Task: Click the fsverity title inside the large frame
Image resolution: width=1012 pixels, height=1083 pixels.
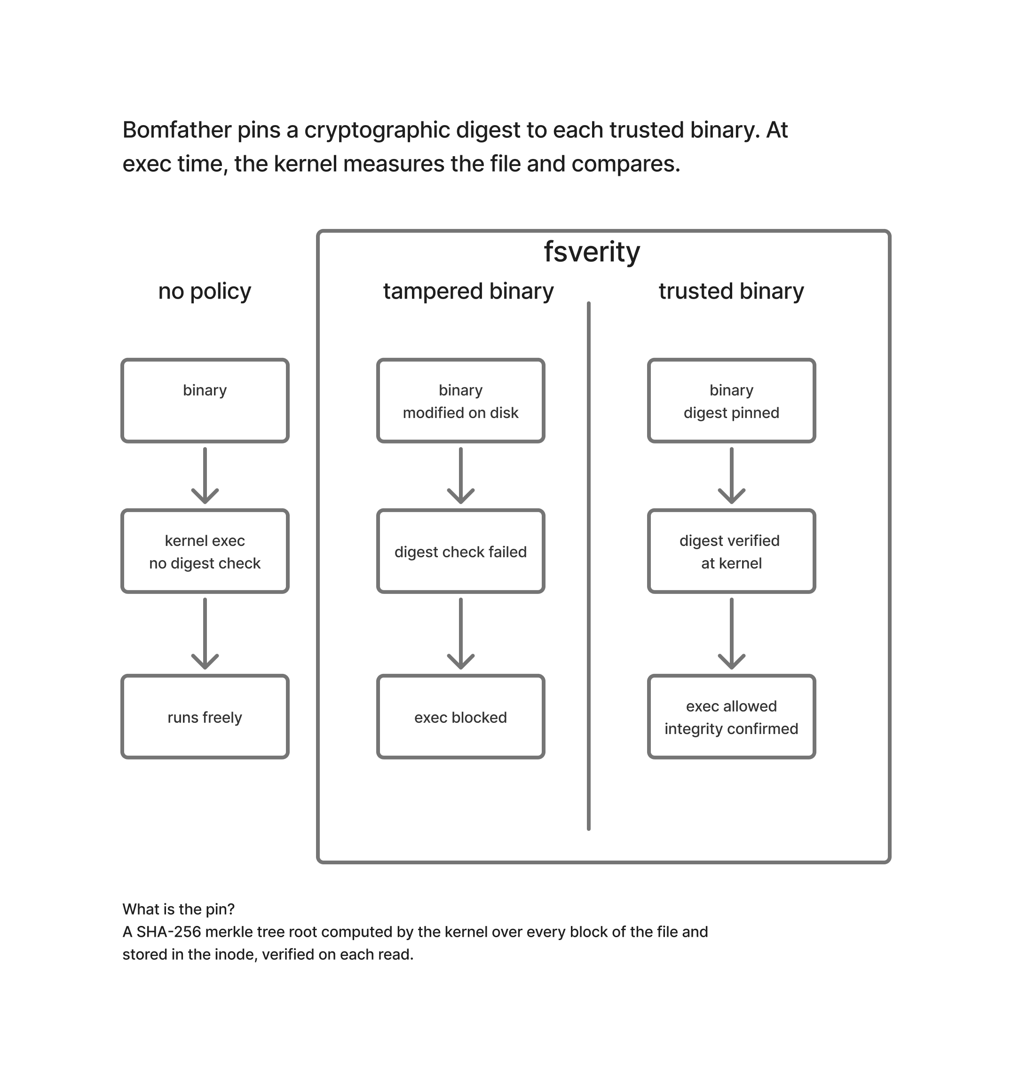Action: click(x=592, y=252)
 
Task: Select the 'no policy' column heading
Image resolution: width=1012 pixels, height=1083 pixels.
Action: click(x=205, y=292)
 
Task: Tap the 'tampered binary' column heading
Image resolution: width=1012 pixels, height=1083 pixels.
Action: click(x=468, y=292)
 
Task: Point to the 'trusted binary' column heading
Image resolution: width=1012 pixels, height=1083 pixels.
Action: click(x=731, y=292)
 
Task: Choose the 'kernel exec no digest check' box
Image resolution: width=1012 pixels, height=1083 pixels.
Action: click(x=205, y=551)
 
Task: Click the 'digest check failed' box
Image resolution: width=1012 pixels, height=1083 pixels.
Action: click(x=461, y=551)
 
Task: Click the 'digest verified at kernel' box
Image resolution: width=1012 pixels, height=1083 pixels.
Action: click(x=732, y=551)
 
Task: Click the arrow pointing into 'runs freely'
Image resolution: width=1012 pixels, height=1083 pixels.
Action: click(x=205, y=633)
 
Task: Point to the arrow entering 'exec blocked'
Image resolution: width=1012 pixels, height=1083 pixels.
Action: click(x=461, y=633)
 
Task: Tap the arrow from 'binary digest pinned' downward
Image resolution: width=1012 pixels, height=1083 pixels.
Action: click(x=732, y=475)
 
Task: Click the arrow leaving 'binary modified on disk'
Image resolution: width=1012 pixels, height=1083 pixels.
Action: click(x=461, y=475)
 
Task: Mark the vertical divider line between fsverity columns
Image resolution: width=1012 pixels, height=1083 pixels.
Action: click(x=589, y=566)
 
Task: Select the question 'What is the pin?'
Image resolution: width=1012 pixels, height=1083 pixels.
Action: click(x=179, y=909)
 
